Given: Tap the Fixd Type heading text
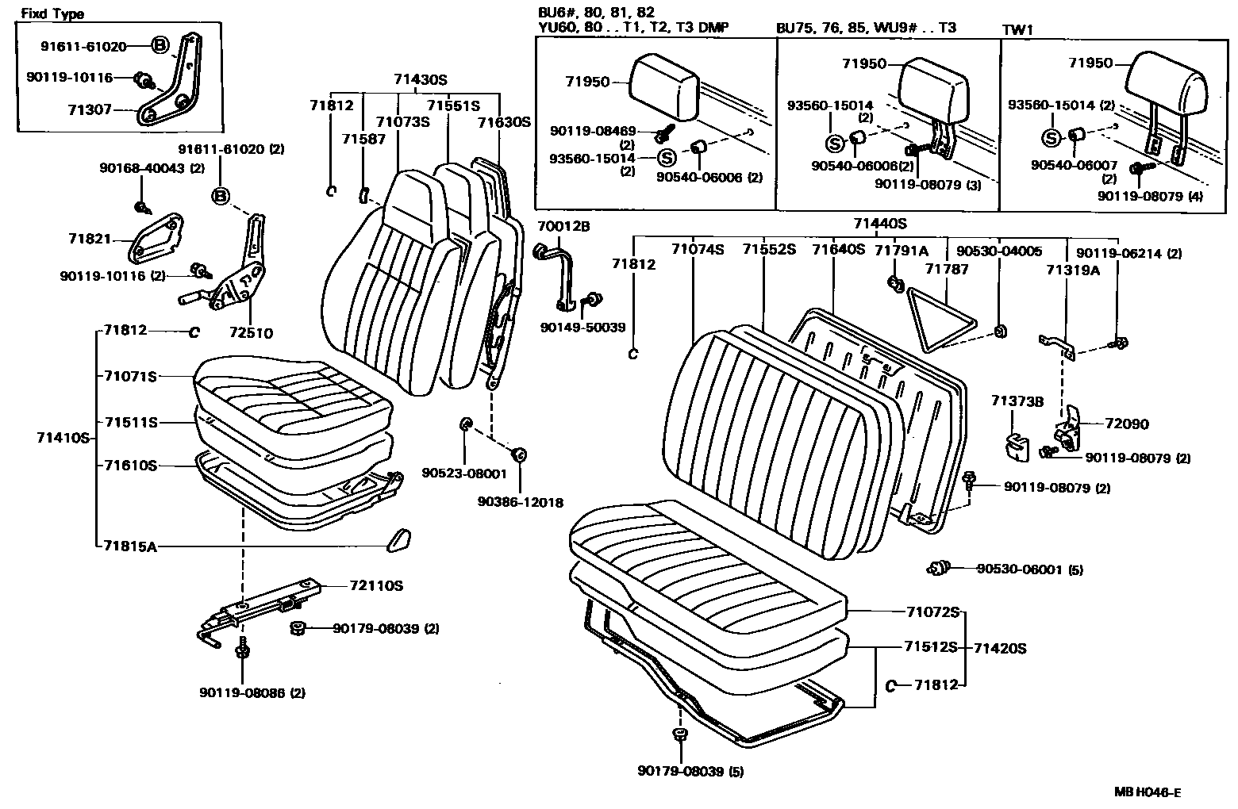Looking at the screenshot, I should [52, 14].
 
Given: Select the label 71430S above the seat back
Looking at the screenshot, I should [420, 79].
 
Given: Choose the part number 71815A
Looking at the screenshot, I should [129, 546].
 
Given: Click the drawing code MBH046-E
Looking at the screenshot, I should [1147, 792].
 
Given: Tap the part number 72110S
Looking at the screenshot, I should [376, 586].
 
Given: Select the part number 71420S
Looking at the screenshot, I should [1000, 648].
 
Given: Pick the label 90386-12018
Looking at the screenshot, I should [521, 501].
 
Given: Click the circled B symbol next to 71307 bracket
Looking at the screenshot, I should [160, 46].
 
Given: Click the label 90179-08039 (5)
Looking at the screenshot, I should [690, 771].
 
